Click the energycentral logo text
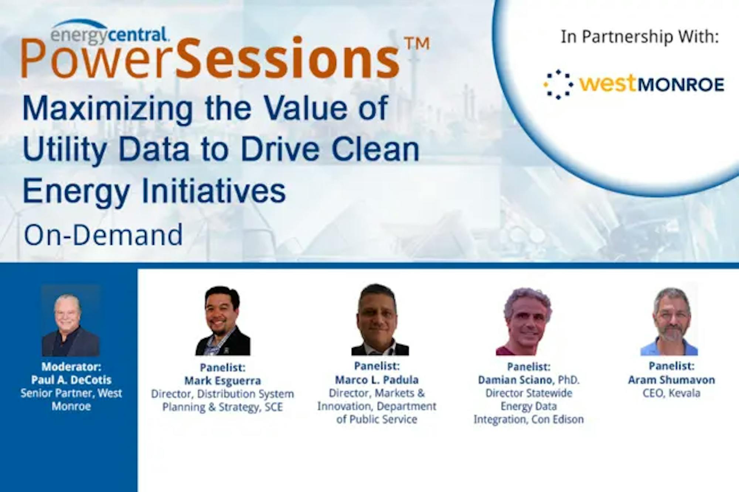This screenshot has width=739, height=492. (110, 34)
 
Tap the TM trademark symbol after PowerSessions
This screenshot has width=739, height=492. (417, 44)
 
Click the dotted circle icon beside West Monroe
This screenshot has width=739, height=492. (558, 84)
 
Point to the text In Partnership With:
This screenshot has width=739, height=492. (640, 37)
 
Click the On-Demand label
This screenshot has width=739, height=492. (103, 235)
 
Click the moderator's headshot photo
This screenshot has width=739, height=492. (71, 321)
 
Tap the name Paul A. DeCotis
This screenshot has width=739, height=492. (71, 380)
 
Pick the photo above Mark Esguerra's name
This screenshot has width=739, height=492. (222, 321)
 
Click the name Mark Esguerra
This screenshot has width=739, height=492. (222, 380)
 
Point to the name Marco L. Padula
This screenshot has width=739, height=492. (377, 380)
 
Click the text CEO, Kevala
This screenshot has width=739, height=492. (671, 393)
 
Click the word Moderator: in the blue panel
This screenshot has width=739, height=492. (71, 366)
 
